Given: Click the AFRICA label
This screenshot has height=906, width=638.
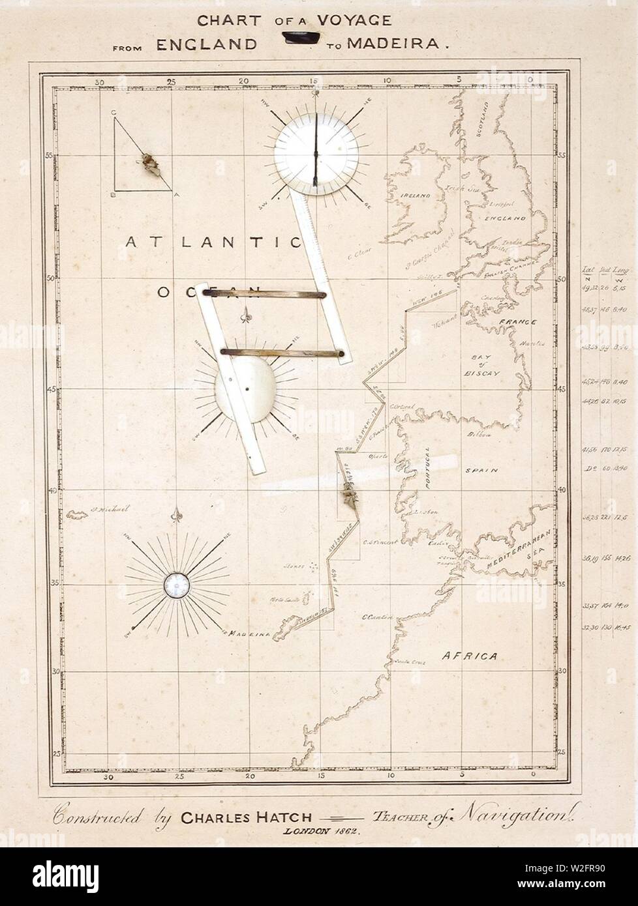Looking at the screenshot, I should pos(467,637).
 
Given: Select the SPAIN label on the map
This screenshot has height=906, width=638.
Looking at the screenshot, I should pos(486,469).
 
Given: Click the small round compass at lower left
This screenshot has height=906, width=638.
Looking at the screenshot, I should pos(176,583).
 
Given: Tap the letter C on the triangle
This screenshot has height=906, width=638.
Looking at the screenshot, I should pos(114,112).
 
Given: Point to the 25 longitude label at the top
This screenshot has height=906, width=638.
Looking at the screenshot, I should pos(171,82).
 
